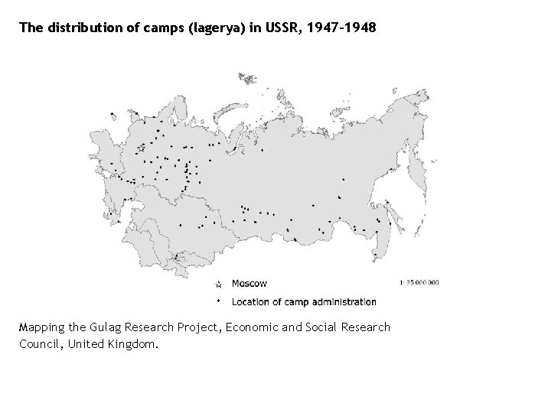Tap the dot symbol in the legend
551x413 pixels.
tap(219, 300)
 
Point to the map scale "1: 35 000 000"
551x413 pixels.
tap(419, 282)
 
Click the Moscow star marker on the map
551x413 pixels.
tap(141, 148)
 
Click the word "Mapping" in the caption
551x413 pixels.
tap(42, 327)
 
